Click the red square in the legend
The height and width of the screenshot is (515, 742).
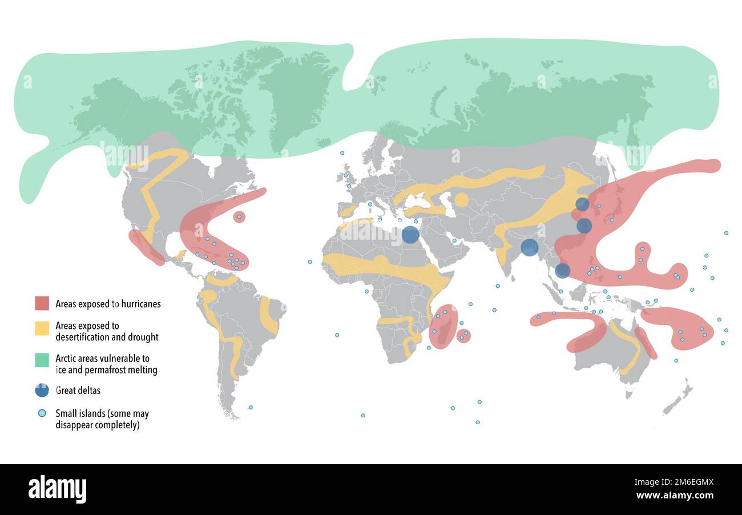[x=42, y=303]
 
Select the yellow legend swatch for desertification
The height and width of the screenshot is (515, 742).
[x=42, y=328]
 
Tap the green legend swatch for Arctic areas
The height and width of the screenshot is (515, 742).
[x=42, y=360]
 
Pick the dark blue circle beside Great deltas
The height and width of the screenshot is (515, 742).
[x=42, y=390]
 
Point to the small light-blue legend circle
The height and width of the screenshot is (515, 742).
[x=42, y=413]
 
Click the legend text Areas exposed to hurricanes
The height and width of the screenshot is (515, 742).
[x=108, y=304]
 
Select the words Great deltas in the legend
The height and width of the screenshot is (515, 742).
[x=78, y=391]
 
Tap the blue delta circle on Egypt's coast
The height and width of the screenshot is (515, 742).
[x=410, y=234]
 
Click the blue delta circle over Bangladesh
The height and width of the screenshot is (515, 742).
[x=529, y=247]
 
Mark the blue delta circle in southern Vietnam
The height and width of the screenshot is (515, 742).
[x=562, y=271]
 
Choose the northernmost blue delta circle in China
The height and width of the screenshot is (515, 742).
[x=582, y=204]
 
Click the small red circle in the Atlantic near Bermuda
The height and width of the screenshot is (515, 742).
[x=239, y=216]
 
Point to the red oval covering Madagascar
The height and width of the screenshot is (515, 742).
[x=443, y=327]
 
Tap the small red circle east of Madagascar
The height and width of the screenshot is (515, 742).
[x=463, y=336]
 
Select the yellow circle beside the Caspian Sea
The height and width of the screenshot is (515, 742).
[x=461, y=199]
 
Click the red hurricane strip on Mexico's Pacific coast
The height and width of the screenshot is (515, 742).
[x=146, y=248]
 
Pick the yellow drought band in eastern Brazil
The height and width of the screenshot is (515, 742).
[x=268, y=315]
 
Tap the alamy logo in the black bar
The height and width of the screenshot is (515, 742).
[x=57, y=489]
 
